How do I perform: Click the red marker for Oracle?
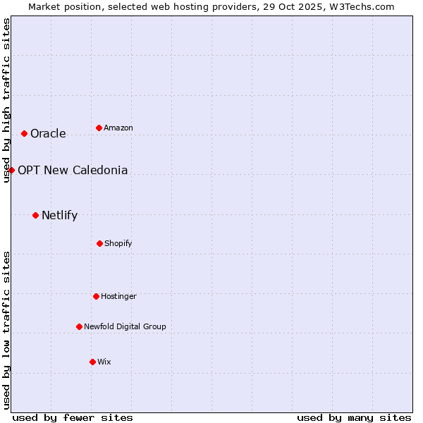point(24,133)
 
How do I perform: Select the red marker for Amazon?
point(99,128)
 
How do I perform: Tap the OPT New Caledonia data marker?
point(11,170)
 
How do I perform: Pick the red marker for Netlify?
point(35,215)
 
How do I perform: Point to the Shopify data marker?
point(99,243)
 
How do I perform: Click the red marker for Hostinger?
point(96,296)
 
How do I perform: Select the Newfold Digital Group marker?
point(79,326)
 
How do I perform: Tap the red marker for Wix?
point(92,362)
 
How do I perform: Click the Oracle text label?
point(48,134)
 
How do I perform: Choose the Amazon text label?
point(118,128)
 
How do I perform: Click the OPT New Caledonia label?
point(73,171)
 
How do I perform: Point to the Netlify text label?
point(59,216)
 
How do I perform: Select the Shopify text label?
point(118,244)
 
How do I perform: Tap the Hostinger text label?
point(118,297)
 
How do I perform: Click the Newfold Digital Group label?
point(125,327)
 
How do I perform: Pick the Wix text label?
point(104,362)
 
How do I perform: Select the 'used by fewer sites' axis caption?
point(73,417)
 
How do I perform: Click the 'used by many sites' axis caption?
point(354,417)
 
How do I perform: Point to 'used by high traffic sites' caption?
point(6,100)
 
